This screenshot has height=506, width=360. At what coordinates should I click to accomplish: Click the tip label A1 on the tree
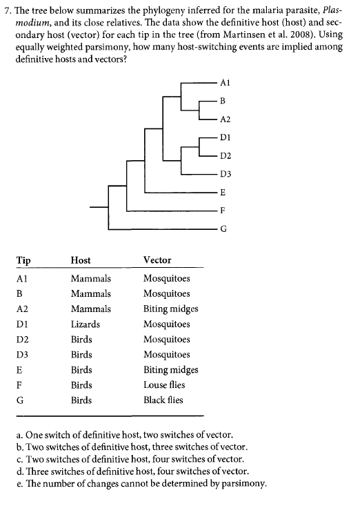point(223,82)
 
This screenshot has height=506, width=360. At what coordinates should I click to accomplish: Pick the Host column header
point(81,260)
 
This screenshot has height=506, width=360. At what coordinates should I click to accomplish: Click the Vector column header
point(157,260)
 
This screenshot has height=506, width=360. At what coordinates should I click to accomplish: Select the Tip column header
point(22,260)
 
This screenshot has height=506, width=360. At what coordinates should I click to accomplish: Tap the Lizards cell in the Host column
point(86,324)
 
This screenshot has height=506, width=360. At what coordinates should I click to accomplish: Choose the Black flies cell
point(163,400)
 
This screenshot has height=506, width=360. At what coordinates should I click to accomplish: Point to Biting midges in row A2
point(170,309)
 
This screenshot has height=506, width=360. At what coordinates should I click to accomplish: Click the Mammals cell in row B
point(90,293)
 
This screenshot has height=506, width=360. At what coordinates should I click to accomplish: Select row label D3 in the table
point(22,354)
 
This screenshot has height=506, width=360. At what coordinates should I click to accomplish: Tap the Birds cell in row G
point(81,400)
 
